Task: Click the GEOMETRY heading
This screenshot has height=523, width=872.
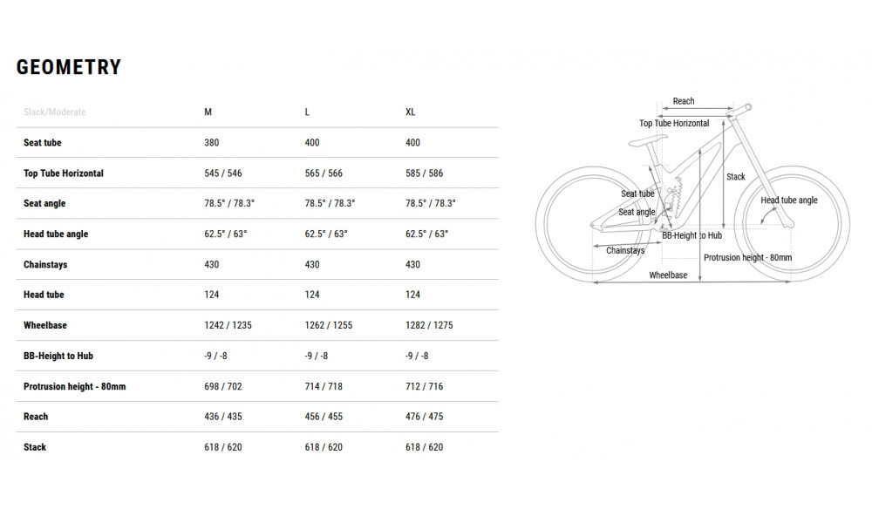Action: click(68, 67)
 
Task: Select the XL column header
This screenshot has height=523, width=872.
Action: click(411, 112)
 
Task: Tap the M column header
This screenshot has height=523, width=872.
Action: click(208, 112)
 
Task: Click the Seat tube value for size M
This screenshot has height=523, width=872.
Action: click(211, 142)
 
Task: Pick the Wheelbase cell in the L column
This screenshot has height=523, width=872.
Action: click(328, 325)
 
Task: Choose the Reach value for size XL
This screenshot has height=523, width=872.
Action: click(425, 417)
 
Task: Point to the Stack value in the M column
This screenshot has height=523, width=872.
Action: click(223, 447)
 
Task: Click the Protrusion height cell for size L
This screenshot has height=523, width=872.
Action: click(324, 386)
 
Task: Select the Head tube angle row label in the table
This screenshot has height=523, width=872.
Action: click(56, 234)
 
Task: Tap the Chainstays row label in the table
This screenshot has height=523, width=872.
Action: click(45, 265)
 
